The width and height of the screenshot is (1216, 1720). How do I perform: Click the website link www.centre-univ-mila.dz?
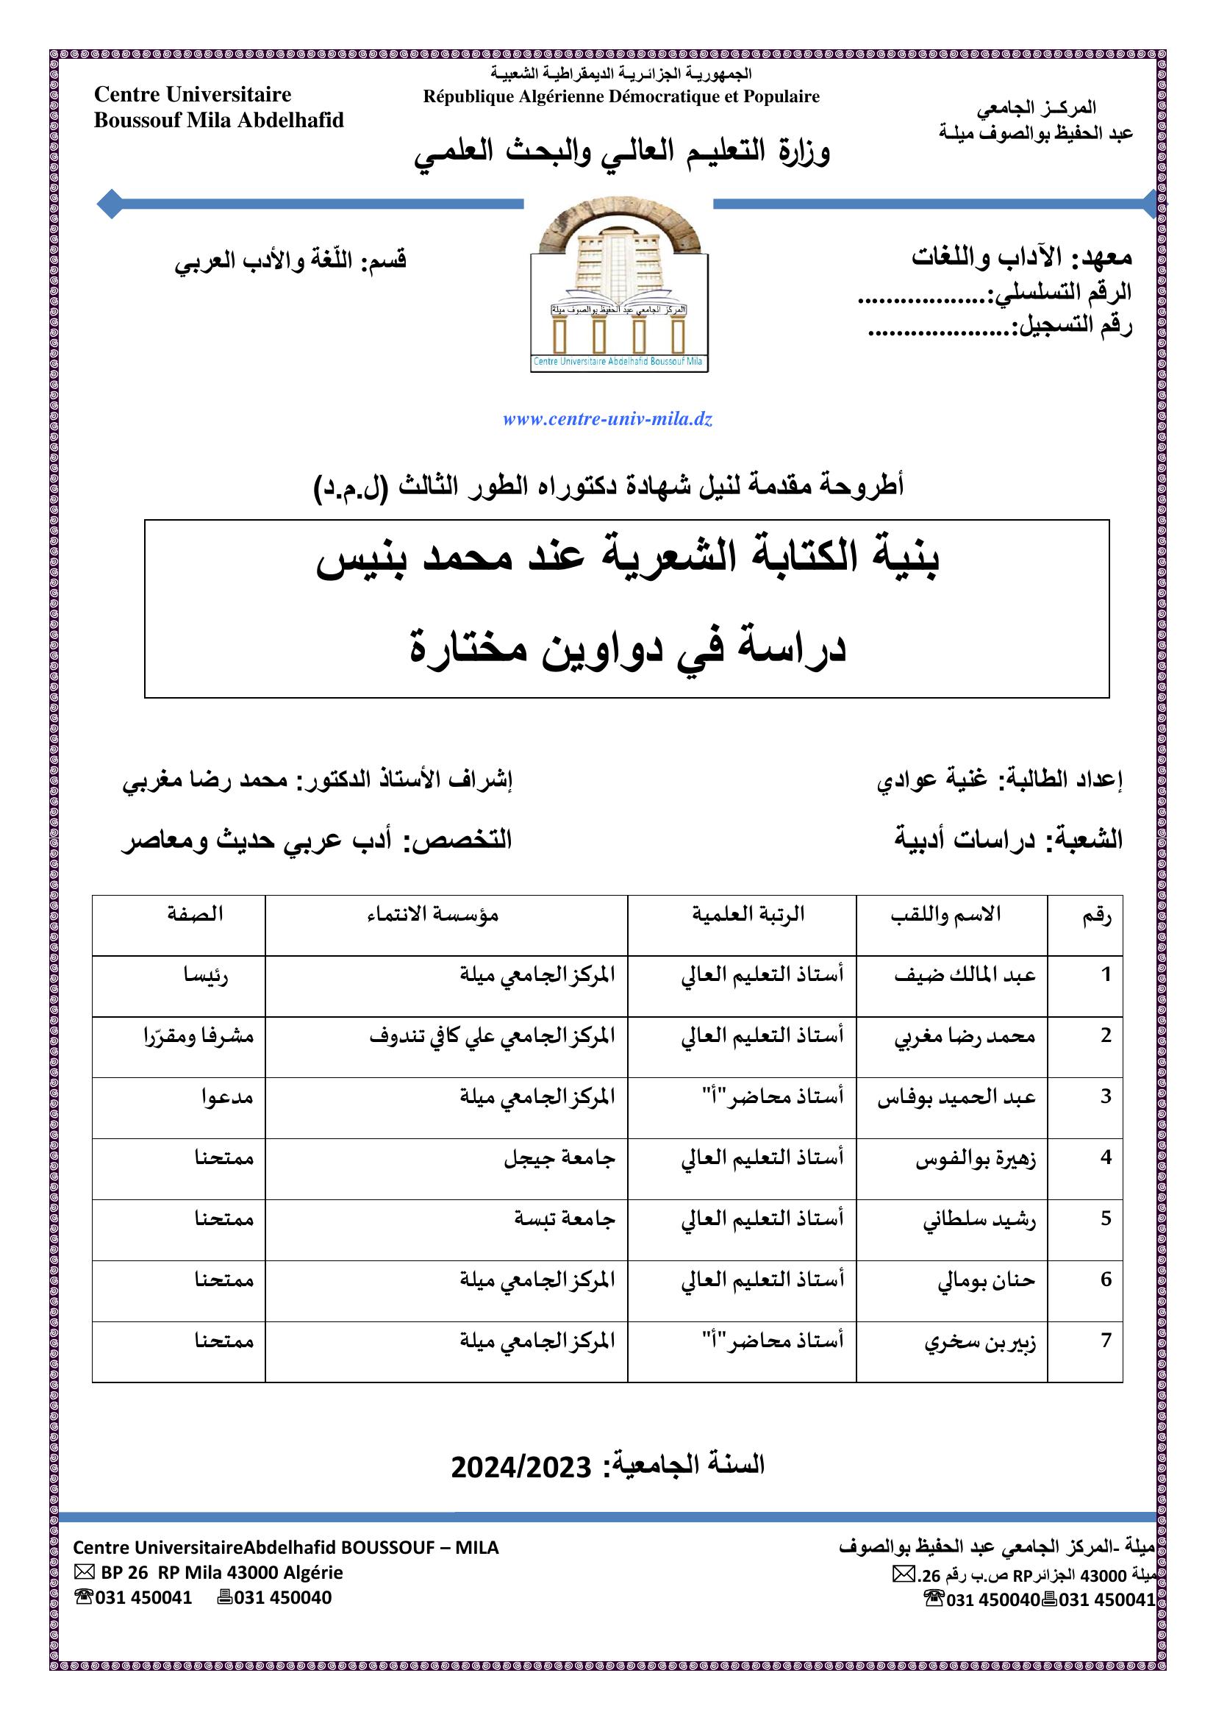point(607,419)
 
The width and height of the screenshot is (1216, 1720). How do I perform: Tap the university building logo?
point(619,285)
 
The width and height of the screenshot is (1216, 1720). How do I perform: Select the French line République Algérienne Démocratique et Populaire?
point(620,96)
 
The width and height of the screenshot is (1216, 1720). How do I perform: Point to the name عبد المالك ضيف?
point(965,974)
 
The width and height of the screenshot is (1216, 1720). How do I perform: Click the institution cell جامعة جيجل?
point(559,1158)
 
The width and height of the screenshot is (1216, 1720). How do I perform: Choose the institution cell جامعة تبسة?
point(564,1218)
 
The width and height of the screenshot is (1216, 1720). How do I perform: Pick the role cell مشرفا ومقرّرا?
point(199,1036)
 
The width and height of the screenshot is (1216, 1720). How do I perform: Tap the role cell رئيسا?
point(206,975)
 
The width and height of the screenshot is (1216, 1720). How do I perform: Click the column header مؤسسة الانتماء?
point(433,914)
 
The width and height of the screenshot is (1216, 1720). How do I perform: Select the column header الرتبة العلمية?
point(747,914)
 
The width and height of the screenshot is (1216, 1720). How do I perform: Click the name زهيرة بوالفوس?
point(975,1159)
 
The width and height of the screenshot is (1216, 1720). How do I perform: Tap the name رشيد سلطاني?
point(979,1219)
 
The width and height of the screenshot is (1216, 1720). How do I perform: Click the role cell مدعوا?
point(227,1097)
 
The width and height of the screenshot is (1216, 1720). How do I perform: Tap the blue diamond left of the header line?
point(110,203)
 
